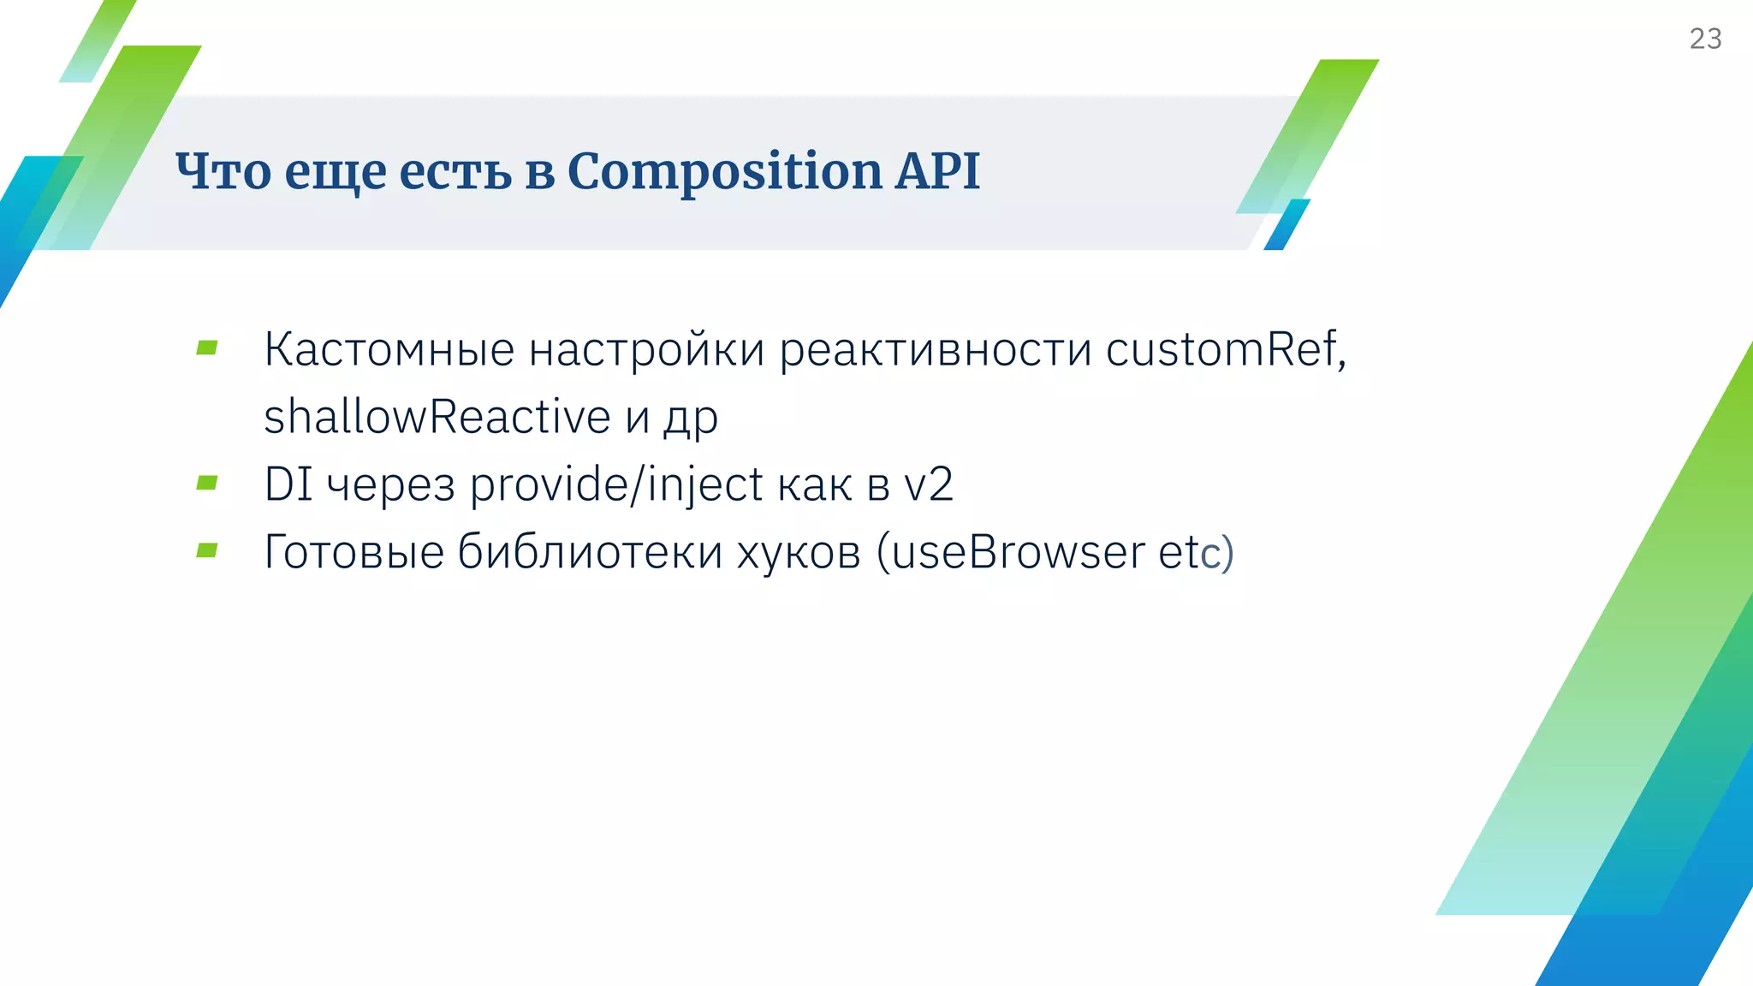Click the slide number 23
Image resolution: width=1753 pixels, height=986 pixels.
[1705, 39]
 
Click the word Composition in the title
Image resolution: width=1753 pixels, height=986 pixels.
[725, 171]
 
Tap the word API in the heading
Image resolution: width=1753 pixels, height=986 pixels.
[937, 171]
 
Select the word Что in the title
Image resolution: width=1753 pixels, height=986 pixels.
[223, 171]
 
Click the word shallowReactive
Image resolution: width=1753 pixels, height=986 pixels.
[437, 418]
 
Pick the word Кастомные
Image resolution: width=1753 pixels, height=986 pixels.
[389, 350]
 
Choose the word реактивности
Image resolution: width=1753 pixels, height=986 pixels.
[935, 350]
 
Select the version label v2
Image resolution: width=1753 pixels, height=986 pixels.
[929, 484]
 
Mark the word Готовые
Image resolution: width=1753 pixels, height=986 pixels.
[354, 552]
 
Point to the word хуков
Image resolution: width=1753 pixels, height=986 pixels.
[799, 552]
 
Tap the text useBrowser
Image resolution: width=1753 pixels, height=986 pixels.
[1018, 552]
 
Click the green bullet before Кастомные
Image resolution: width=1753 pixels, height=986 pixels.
[207, 347]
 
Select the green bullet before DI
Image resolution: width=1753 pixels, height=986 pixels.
[207, 483]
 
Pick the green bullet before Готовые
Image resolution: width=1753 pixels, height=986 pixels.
[207, 550]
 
